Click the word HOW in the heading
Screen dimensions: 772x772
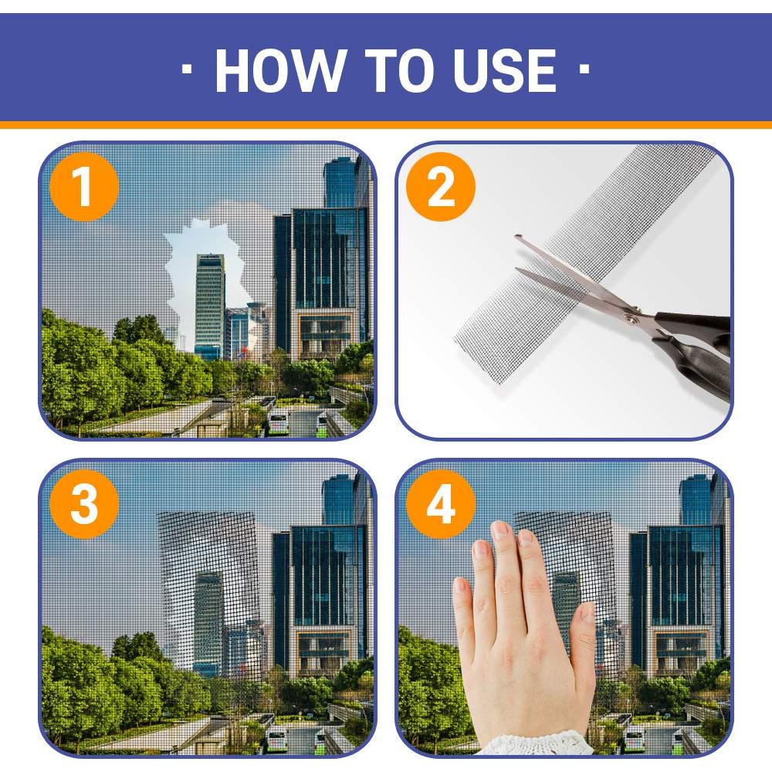click(x=279, y=70)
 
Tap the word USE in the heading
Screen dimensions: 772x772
click(x=504, y=70)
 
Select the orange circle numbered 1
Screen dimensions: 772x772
click(x=84, y=187)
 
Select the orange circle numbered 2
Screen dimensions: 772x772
click(x=441, y=187)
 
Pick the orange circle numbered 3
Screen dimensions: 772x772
click(x=84, y=503)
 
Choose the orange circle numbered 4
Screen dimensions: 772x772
click(x=441, y=503)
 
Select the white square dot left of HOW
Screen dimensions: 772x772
click(x=187, y=69)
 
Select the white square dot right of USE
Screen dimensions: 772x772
click(x=584, y=69)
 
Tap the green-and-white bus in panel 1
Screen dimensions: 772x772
click(x=278, y=422)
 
